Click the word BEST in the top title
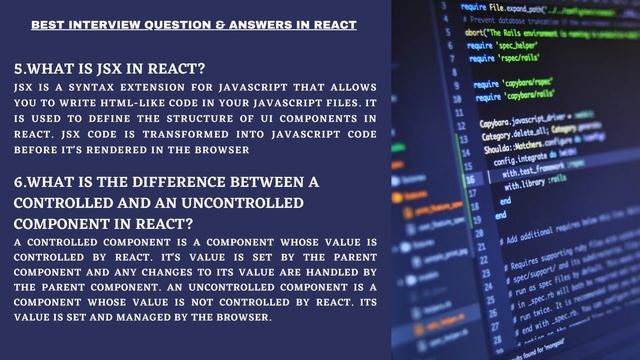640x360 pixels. pyautogui.click(x=44, y=22)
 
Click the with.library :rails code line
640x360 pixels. pyautogui.click(x=539, y=184)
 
